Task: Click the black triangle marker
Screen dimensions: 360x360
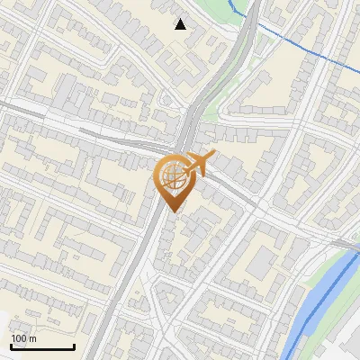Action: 181,24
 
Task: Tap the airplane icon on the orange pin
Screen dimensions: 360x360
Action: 193,165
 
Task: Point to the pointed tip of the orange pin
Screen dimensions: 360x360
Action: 171,211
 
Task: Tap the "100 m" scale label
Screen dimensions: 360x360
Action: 23,338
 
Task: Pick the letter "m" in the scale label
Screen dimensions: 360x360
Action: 31,339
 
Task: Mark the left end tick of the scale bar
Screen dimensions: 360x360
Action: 11,346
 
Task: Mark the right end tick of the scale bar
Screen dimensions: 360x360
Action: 74,346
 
